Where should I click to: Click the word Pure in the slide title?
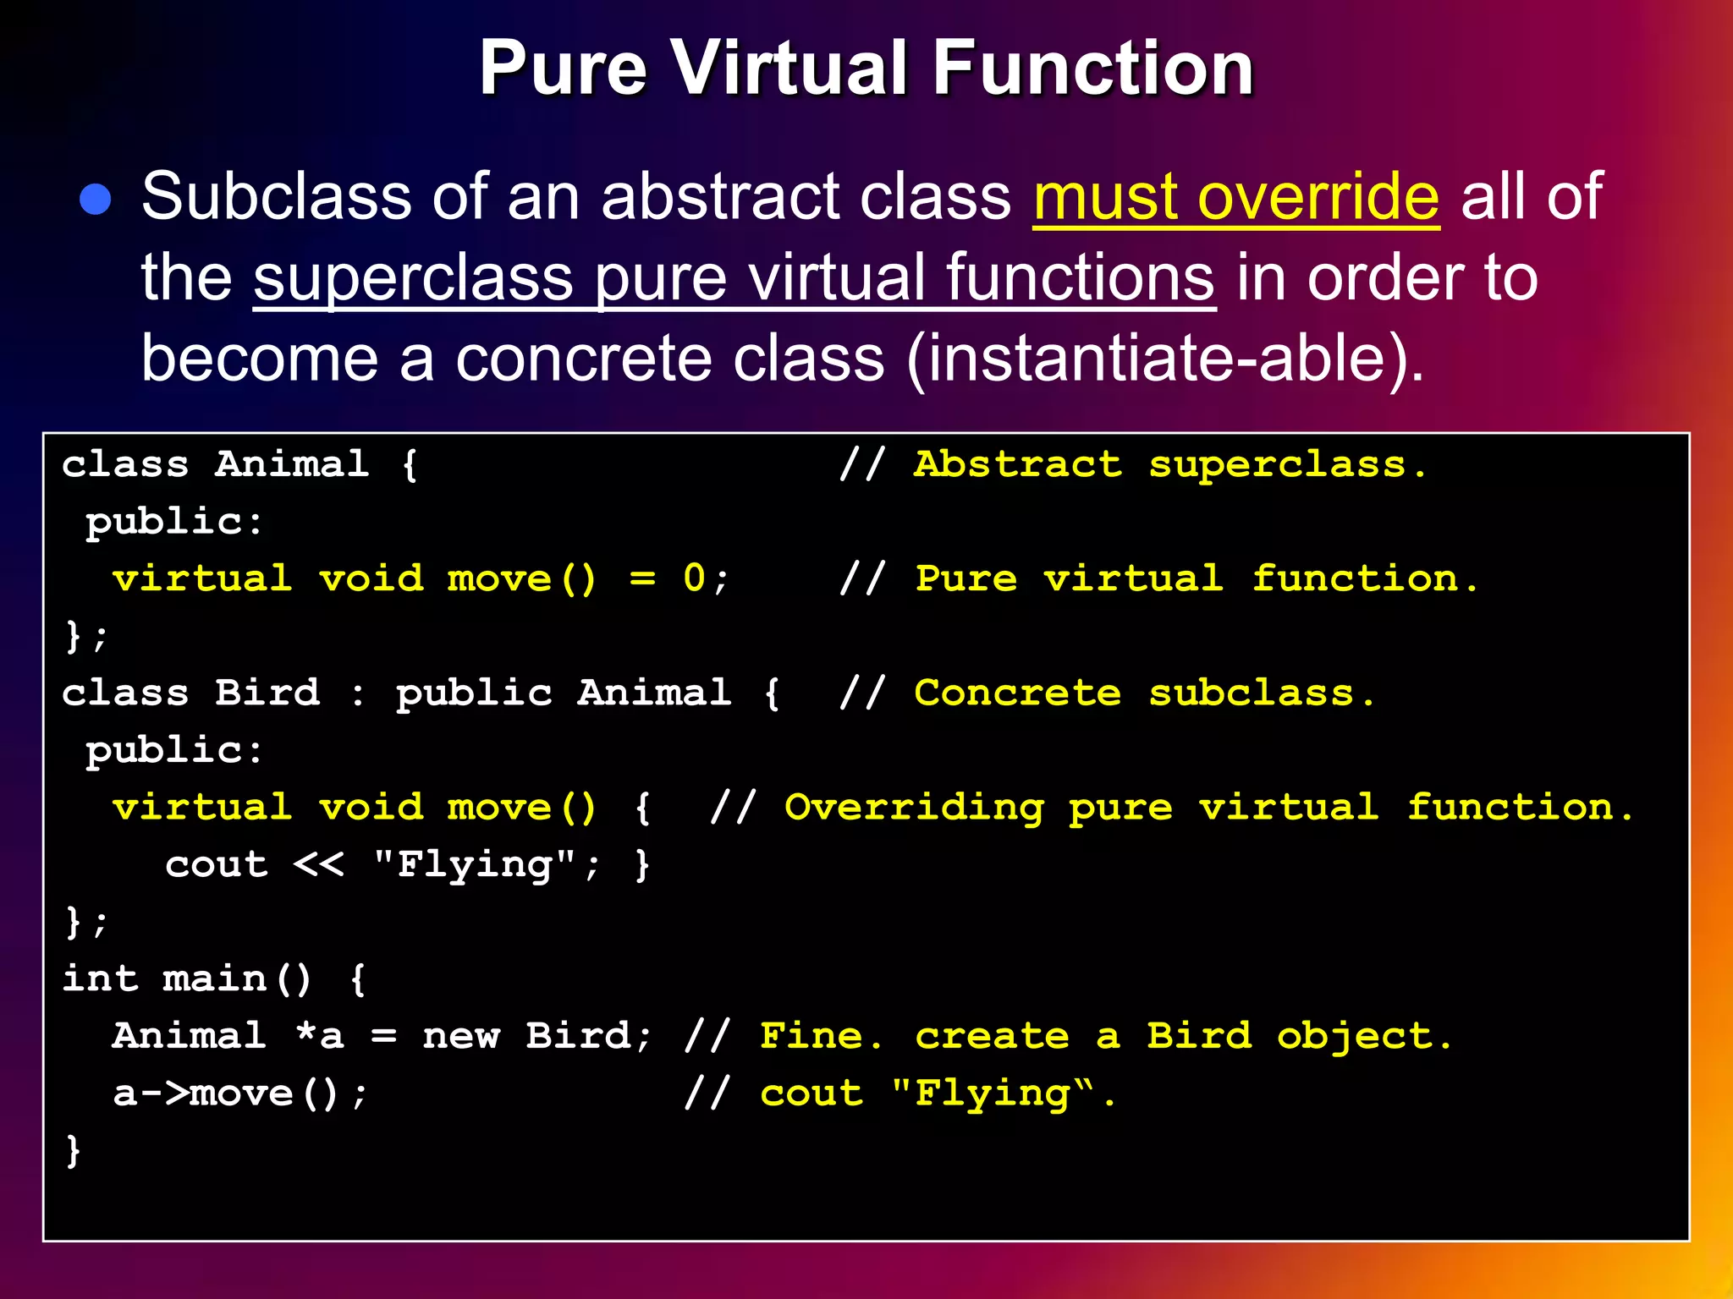(x=563, y=69)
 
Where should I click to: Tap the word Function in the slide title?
(x=1092, y=69)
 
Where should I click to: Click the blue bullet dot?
(x=96, y=200)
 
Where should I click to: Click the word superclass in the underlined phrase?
(x=413, y=277)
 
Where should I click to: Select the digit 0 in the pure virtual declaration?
(x=694, y=579)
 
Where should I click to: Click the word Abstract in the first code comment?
(x=1017, y=464)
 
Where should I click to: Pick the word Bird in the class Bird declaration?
(x=267, y=693)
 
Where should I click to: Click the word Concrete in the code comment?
(x=1017, y=693)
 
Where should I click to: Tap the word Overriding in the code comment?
(x=914, y=807)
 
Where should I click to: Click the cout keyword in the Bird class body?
(x=217, y=864)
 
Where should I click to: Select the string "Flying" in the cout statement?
(x=475, y=864)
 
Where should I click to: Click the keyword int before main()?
(x=100, y=978)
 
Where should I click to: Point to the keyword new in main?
(x=461, y=1036)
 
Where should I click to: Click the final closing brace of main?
(x=74, y=1151)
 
